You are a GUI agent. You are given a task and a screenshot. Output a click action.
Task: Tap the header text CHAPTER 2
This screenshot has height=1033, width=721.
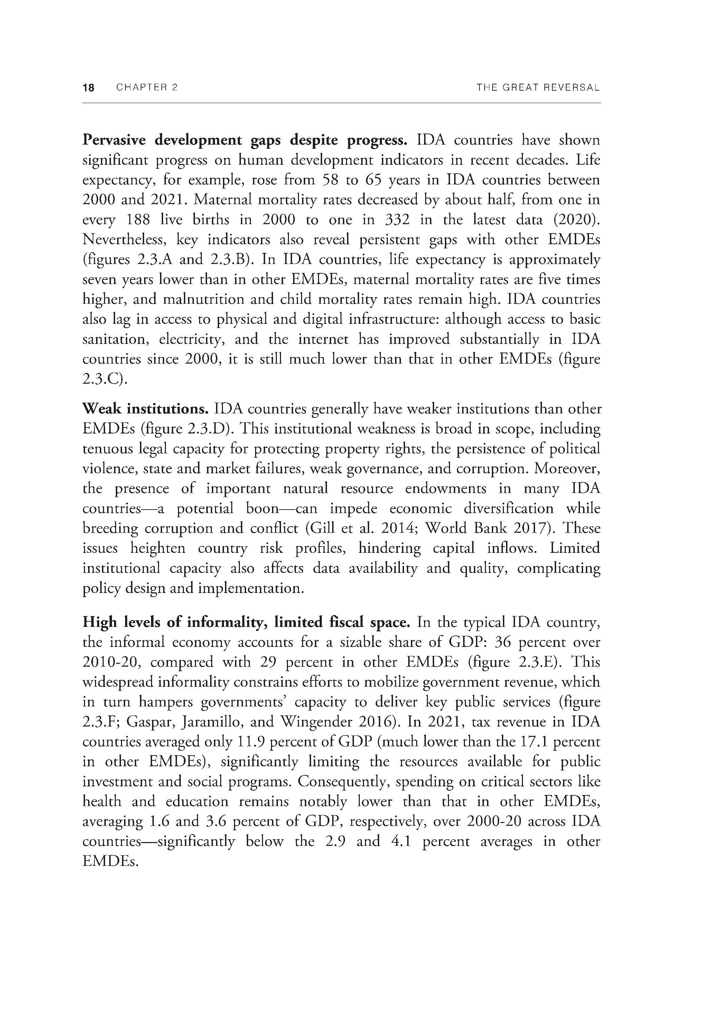pyautogui.click(x=147, y=87)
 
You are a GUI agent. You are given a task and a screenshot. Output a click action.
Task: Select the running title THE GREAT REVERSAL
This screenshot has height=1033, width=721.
pyautogui.click(x=538, y=87)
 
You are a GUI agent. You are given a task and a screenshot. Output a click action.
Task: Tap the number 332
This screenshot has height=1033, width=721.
pyautogui.click(x=397, y=220)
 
